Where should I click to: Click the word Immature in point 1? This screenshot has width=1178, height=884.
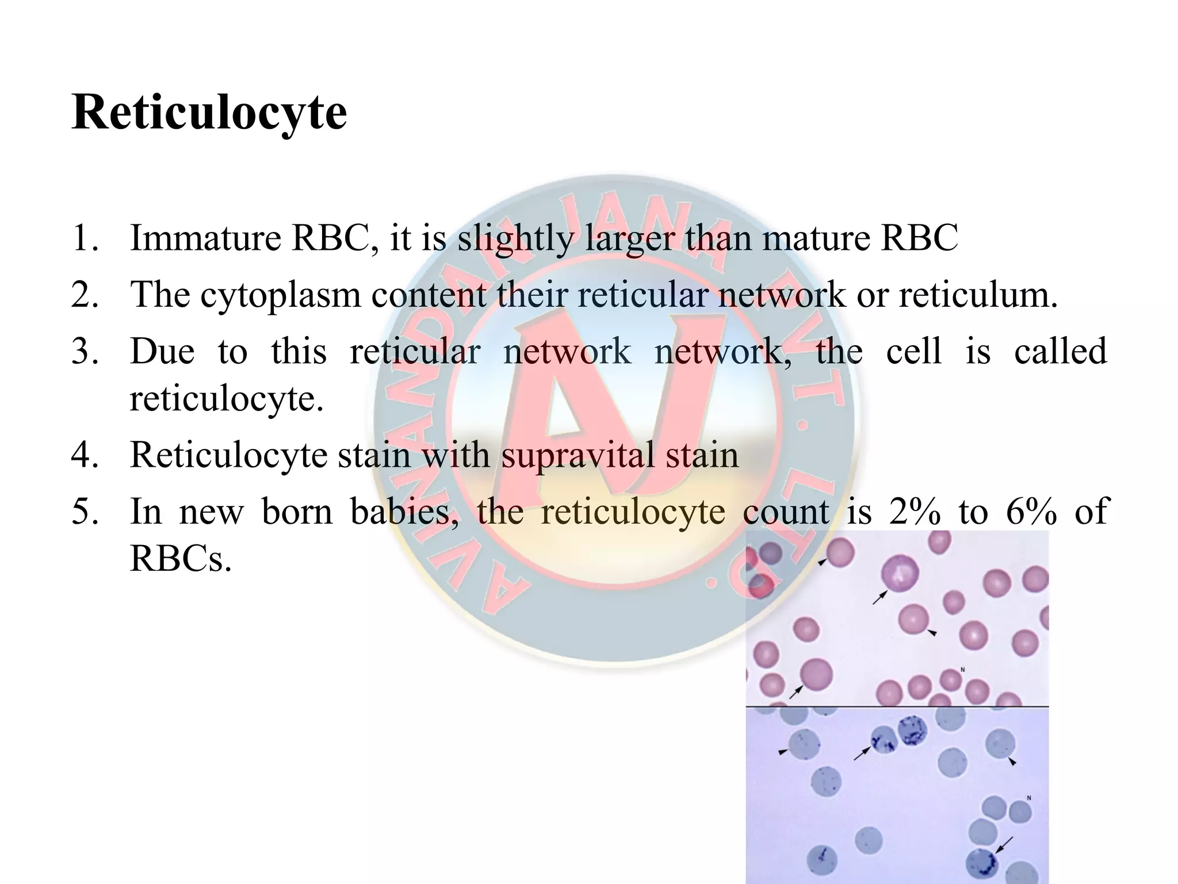coord(205,238)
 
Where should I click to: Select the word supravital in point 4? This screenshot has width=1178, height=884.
coord(577,455)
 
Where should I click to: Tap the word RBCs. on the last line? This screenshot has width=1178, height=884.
coord(181,559)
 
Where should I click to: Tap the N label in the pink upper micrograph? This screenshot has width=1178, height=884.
coord(962,669)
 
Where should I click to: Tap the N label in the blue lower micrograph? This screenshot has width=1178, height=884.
coord(1029,798)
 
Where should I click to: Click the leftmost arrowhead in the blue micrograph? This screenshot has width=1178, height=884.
coord(782,752)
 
